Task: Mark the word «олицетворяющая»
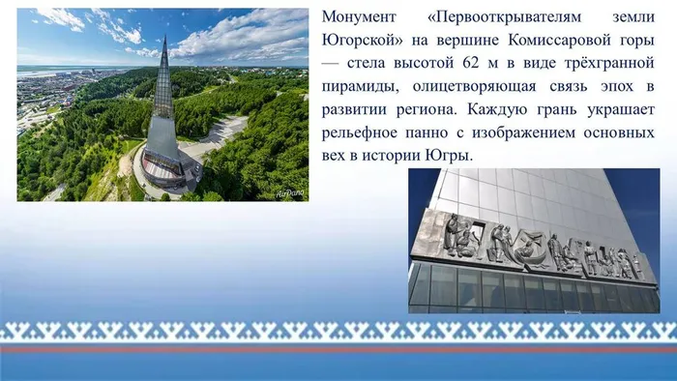pyautogui.click(x=479, y=87)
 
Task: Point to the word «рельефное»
pyautogui.click(x=364, y=132)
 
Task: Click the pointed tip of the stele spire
pyautogui.click(x=165, y=37)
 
